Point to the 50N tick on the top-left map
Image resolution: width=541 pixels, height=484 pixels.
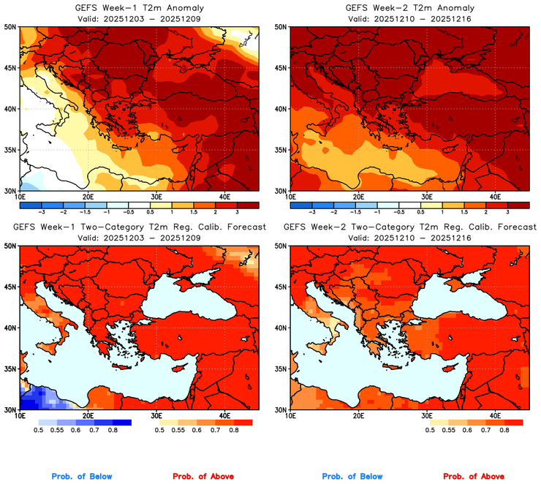[x=11, y=26]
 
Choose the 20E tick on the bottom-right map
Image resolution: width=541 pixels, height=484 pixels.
[x=358, y=415]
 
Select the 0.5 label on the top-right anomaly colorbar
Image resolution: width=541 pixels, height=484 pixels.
[x=419, y=211]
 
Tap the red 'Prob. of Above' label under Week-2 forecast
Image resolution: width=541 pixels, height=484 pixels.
[x=476, y=477]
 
